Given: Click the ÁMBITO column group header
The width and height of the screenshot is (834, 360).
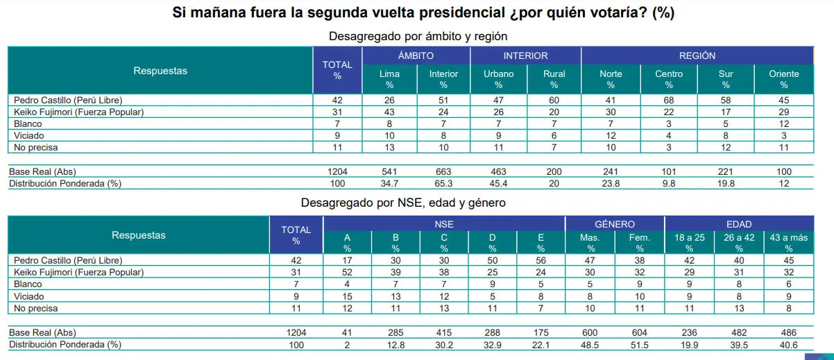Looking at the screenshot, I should pyautogui.click(x=416, y=55).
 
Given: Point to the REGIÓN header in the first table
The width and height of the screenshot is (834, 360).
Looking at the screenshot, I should pyautogui.click(x=697, y=55).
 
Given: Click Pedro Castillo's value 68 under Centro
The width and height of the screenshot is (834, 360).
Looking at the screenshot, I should pyautogui.click(x=669, y=101).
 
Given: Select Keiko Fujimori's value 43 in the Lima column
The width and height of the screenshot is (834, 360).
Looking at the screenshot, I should pyautogui.click(x=389, y=112).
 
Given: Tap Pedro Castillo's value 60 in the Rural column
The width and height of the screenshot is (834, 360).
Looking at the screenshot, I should pyautogui.click(x=554, y=101).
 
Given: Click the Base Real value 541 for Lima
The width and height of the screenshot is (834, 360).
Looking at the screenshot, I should pyautogui.click(x=389, y=171).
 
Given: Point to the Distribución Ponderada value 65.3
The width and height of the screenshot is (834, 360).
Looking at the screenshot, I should pyautogui.click(x=444, y=183).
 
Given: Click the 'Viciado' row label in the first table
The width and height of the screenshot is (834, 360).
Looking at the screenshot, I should pyautogui.click(x=25, y=136).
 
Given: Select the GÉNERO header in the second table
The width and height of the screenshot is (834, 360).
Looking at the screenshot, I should pyautogui.click(x=615, y=224).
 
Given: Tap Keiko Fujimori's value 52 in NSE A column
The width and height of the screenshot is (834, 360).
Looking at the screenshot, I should pyautogui.click(x=348, y=272).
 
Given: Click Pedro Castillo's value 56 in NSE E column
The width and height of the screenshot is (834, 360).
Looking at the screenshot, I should pyautogui.click(x=541, y=260).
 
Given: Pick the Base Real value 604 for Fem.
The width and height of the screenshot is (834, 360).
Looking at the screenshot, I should pyautogui.click(x=640, y=333).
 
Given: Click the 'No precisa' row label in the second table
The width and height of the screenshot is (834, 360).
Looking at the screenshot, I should pyautogui.click(x=33, y=308).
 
